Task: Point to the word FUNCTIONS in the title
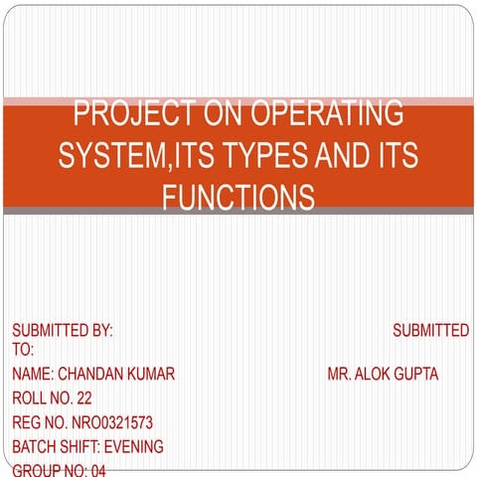pos(238,197)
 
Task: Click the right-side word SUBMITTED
pos(430,330)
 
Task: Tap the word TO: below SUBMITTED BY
pos(23,350)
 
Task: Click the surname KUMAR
pos(152,374)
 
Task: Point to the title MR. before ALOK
pos(342,374)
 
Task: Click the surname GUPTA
pos(418,374)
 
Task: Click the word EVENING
pos(132,446)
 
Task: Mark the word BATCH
pos(33,446)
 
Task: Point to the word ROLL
pos(29,398)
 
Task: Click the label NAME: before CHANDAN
pos(33,374)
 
